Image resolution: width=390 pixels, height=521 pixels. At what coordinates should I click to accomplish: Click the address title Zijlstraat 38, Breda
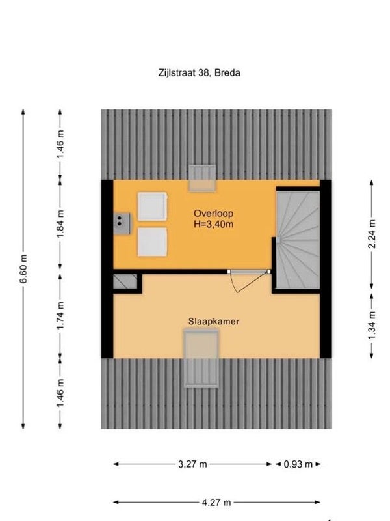[x=199, y=73]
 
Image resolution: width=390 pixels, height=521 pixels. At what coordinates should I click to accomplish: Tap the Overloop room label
[x=214, y=214]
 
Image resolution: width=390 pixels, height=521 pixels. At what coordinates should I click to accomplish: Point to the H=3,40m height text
[x=214, y=224]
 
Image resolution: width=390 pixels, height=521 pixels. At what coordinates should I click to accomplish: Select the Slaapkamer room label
[x=214, y=322]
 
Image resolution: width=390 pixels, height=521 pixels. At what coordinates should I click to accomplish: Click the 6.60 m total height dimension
[x=23, y=269]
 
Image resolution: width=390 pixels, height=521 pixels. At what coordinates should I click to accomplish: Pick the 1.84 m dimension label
[x=60, y=223]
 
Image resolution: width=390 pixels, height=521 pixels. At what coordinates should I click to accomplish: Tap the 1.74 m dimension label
[x=60, y=316]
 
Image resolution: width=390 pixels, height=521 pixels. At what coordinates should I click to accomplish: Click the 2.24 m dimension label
[x=372, y=234]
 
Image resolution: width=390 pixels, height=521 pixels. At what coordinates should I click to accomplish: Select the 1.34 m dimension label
[x=372, y=326]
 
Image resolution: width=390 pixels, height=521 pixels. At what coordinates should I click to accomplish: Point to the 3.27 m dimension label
[x=192, y=464]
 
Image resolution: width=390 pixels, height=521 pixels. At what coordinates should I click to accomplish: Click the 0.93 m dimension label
[x=298, y=464]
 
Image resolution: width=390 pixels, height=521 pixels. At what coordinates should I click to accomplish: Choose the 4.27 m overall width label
[x=216, y=502]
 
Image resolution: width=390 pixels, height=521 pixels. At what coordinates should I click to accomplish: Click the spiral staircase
[x=298, y=240]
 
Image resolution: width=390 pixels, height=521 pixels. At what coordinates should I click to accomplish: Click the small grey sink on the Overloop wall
[x=122, y=224]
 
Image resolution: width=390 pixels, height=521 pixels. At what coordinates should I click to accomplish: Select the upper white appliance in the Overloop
[x=153, y=206]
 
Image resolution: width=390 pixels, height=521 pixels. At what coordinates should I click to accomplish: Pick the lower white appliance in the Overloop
[x=153, y=242]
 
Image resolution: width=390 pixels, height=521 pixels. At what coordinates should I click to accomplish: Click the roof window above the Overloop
[x=202, y=178]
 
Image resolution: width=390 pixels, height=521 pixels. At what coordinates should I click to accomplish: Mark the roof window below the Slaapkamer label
[x=201, y=358]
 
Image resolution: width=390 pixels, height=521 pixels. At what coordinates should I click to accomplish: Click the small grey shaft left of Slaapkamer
[x=125, y=282]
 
